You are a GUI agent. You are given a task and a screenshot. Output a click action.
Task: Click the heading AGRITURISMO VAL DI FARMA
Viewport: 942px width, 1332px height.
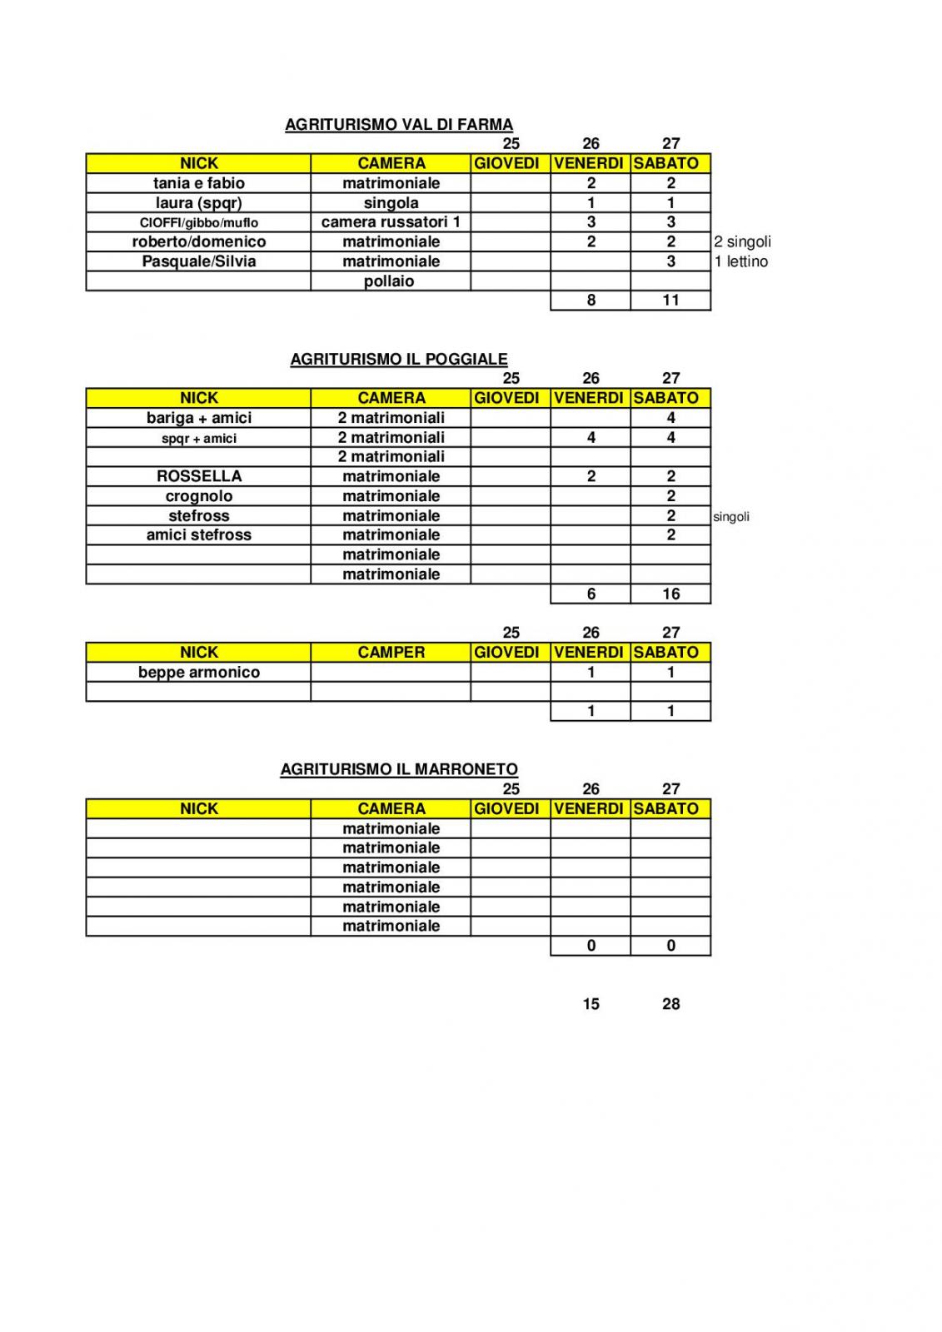[x=399, y=125]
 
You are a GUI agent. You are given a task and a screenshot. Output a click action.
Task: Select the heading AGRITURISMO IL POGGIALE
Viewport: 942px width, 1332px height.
[x=399, y=360]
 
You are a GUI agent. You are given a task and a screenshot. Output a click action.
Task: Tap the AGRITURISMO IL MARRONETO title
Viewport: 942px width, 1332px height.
[x=399, y=770]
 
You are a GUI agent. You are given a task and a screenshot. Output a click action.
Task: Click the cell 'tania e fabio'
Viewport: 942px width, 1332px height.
[x=199, y=183]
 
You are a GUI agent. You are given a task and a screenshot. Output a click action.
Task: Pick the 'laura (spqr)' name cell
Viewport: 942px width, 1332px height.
[x=199, y=203]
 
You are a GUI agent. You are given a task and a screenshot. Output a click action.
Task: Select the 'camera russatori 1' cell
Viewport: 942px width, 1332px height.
[x=391, y=222]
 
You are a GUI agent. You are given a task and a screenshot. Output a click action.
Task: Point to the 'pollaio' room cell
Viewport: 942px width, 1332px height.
[x=389, y=281]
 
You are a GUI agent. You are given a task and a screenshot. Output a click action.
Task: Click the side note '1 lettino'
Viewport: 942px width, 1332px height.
[x=740, y=261]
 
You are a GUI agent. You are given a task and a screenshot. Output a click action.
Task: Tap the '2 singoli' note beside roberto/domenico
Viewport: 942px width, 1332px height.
[x=742, y=242]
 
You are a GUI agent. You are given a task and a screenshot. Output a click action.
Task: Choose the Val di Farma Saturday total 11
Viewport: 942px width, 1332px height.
[x=670, y=301]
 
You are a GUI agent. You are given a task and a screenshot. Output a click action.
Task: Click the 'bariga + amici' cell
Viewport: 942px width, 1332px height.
[x=199, y=418]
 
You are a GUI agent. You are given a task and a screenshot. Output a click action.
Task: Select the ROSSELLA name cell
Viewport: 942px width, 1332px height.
[x=199, y=476]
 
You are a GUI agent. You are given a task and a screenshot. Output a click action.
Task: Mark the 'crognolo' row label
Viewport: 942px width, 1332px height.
[x=199, y=496]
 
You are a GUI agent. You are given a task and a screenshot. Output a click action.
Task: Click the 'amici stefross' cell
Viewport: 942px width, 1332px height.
[x=199, y=535]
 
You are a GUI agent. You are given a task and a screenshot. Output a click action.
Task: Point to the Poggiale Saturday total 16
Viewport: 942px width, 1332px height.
[x=670, y=594]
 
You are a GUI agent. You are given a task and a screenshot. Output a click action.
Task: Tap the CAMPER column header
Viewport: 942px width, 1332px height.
[x=391, y=653]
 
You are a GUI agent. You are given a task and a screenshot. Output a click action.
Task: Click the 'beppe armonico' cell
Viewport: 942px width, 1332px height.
[x=199, y=673]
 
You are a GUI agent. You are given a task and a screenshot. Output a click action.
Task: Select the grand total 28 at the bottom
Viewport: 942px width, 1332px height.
[x=670, y=1004]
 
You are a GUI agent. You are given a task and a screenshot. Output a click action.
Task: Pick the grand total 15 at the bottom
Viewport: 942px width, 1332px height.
[x=591, y=1004]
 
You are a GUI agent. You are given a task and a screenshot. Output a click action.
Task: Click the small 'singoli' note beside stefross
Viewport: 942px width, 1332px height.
[x=731, y=517]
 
